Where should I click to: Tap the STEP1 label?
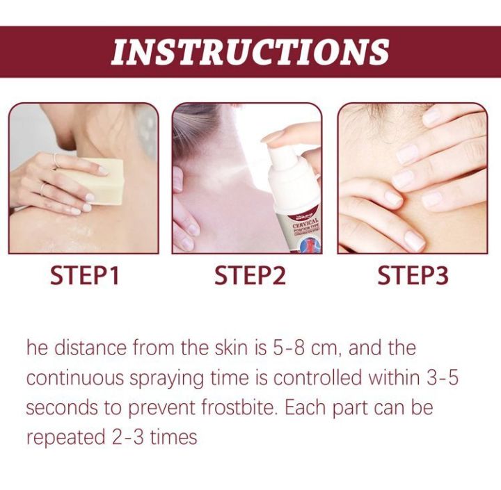coord(85,275)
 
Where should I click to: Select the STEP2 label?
coord(250,275)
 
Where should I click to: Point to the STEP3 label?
coord(413,275)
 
